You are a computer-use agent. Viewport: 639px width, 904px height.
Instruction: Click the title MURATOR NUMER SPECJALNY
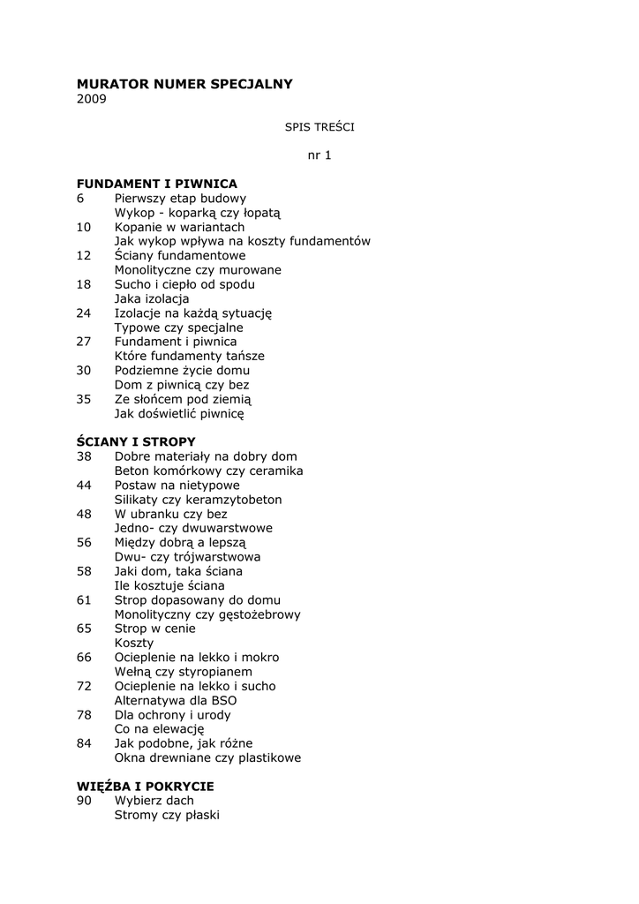184,84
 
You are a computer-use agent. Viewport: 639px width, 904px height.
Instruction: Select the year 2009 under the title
91,99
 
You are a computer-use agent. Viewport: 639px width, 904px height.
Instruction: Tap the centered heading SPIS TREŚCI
319,127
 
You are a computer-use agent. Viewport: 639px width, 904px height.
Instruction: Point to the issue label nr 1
319,155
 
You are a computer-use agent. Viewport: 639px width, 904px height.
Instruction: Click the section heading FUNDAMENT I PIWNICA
157,184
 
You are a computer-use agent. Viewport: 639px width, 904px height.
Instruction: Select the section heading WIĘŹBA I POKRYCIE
146,786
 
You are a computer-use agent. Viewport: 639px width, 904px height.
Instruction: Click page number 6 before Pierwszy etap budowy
80,199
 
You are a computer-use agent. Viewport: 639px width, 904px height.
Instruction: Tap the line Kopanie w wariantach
179,227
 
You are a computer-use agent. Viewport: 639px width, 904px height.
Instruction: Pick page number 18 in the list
84,284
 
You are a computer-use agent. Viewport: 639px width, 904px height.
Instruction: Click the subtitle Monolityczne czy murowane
198,270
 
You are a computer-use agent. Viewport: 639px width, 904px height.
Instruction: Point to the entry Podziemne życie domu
182,371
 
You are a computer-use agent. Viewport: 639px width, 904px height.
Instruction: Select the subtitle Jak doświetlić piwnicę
179,413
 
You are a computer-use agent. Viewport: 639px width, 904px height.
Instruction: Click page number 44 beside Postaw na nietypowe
84,485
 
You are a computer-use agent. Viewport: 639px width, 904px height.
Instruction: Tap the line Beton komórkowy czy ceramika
208,471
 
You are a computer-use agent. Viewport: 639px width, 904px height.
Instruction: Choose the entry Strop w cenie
154,629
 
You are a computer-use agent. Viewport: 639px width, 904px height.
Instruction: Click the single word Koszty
133,643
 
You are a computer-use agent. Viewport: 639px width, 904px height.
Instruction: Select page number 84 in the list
84,743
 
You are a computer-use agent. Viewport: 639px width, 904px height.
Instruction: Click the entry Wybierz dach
154,801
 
